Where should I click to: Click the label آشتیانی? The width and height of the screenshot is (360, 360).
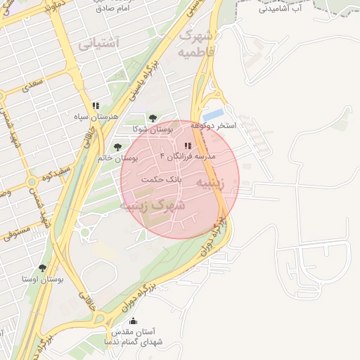pyautogui.click(x=98, y=43)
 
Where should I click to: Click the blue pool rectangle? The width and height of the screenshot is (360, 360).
pyautogui.click(x=213, y=113)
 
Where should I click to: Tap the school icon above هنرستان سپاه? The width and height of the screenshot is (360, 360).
pyautogui.click(x=95, y=106)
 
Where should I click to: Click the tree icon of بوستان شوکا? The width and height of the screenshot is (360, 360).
pyautogui.click(x=151, y=118)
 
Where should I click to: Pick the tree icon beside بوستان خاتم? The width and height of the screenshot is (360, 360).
pyautogui.click(x=117, y=148)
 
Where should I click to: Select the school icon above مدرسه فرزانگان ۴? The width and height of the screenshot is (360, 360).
pyautogui.click(x=186, y=146)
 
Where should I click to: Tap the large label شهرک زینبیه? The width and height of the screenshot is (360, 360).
pyautogui.click(x=153, y=205)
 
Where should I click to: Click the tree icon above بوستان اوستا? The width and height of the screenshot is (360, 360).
pyautogui.click(x=44, y=268)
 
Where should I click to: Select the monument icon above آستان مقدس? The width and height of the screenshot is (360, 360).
pyautogui.click(x=134, y=321)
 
